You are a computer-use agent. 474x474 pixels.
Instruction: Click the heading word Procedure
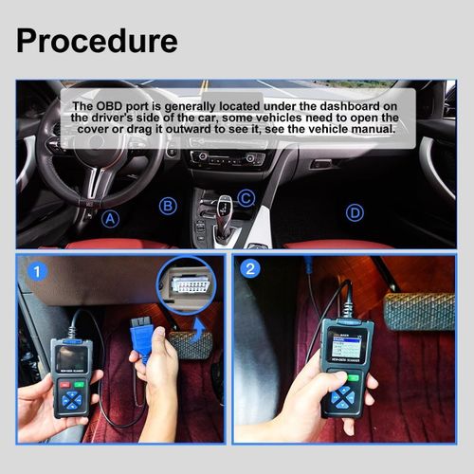pos(97,41)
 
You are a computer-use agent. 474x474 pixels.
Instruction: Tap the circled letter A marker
pos(111,220)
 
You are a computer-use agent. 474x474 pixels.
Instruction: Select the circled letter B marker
pos(168,206)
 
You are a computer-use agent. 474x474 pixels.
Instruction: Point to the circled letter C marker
pos(246,198)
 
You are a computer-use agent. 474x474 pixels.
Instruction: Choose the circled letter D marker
pos(355,212)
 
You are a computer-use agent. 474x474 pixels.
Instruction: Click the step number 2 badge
pos(251,269)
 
